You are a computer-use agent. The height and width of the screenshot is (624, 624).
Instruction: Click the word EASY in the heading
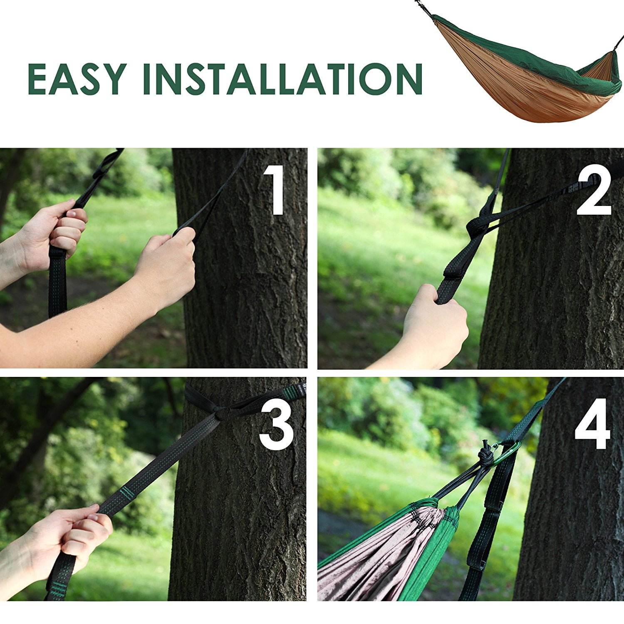point(77,79)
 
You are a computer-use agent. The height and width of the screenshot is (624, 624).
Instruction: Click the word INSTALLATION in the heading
point(283,79)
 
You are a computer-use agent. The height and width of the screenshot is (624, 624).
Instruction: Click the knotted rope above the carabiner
point(485,453)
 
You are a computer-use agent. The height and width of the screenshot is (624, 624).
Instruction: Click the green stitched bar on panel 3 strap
point(128,494)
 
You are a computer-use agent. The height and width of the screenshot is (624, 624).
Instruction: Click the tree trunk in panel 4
point(574,520)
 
